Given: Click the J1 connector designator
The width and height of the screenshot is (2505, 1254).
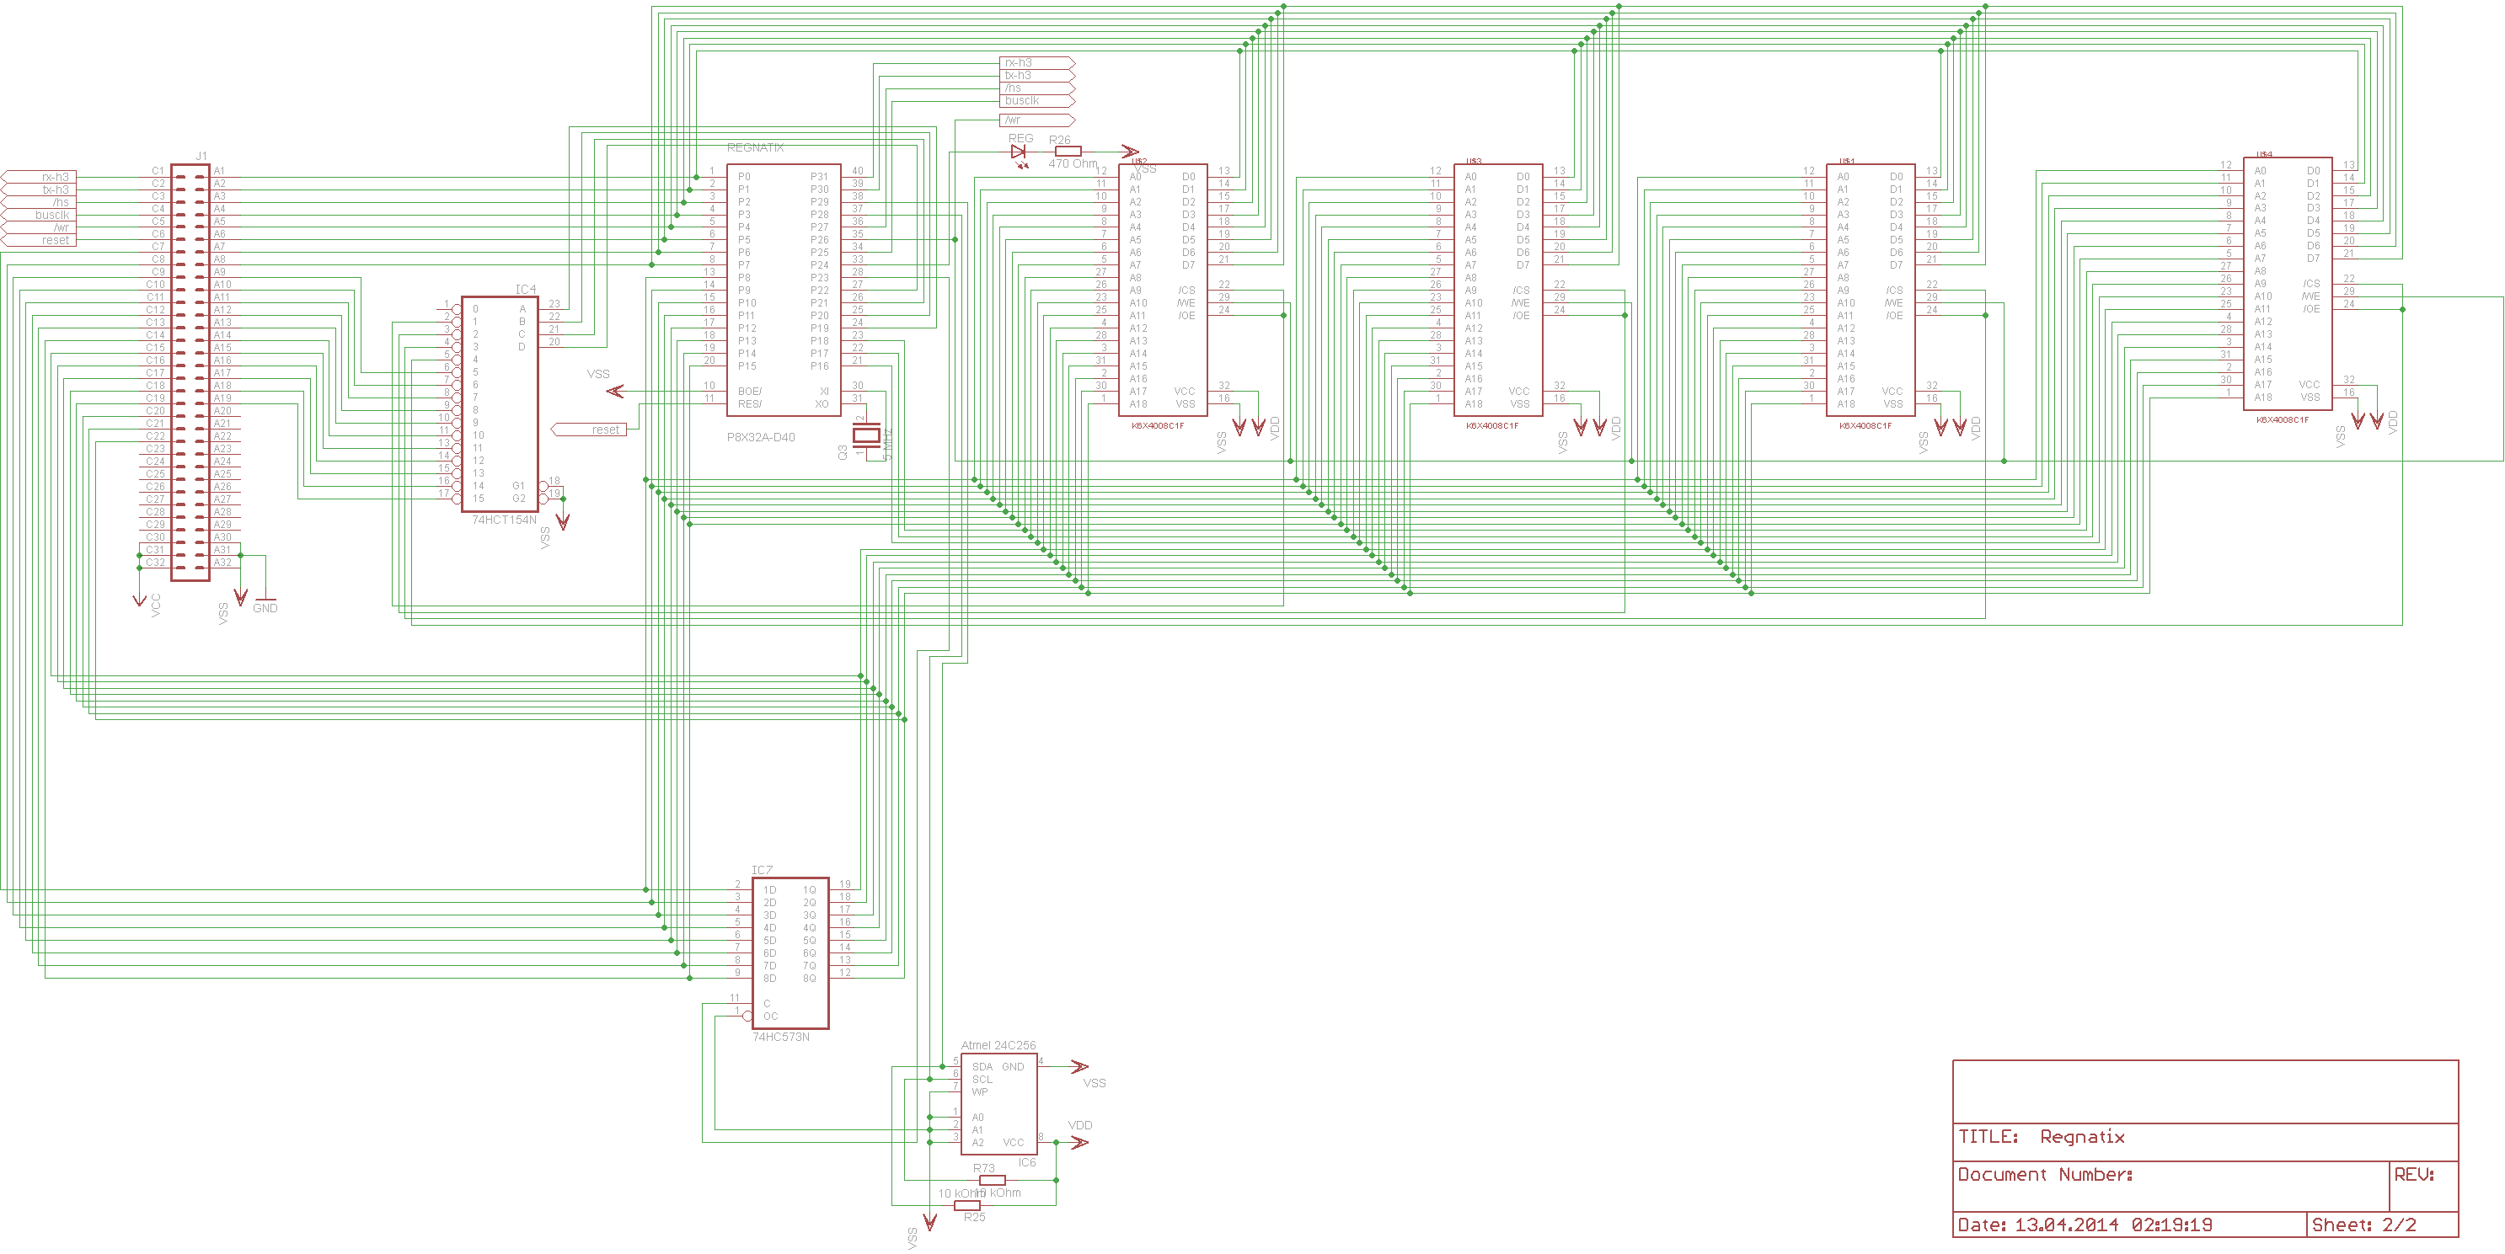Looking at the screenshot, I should click(x=201, y=156).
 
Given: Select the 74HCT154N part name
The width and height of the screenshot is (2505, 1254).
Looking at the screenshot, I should click(x=504, y=520).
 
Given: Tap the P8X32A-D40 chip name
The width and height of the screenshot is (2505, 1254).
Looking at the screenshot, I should click(x=761, y=437).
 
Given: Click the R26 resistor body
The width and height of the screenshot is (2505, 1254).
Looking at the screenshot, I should click(x=1068, y=152).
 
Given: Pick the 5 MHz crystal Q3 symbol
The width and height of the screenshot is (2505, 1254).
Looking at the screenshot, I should click(x=865, y=435).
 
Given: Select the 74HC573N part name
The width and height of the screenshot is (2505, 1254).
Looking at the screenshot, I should click(x=781, y=1038).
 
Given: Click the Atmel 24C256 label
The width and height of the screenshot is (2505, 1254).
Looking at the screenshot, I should click(x=998, y=1046).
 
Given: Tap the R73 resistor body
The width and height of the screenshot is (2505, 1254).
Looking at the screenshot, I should click(x=992, y=1180).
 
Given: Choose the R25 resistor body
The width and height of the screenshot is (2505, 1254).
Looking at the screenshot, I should click(x=967, y=1205).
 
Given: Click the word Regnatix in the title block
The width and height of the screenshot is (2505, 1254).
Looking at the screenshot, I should click(x=2082, y=1137).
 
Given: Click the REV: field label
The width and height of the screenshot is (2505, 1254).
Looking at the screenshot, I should click(x=2414, y=1174).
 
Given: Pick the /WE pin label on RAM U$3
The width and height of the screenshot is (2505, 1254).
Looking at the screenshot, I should click(x=1520, y=303).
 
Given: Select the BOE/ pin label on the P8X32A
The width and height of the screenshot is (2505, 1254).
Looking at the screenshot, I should click(x=750, y=392).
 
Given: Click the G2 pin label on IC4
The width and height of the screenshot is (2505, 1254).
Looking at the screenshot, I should click(x=518, y=499).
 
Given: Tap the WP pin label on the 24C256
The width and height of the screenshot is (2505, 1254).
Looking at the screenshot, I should click(x=980, y=1091).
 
